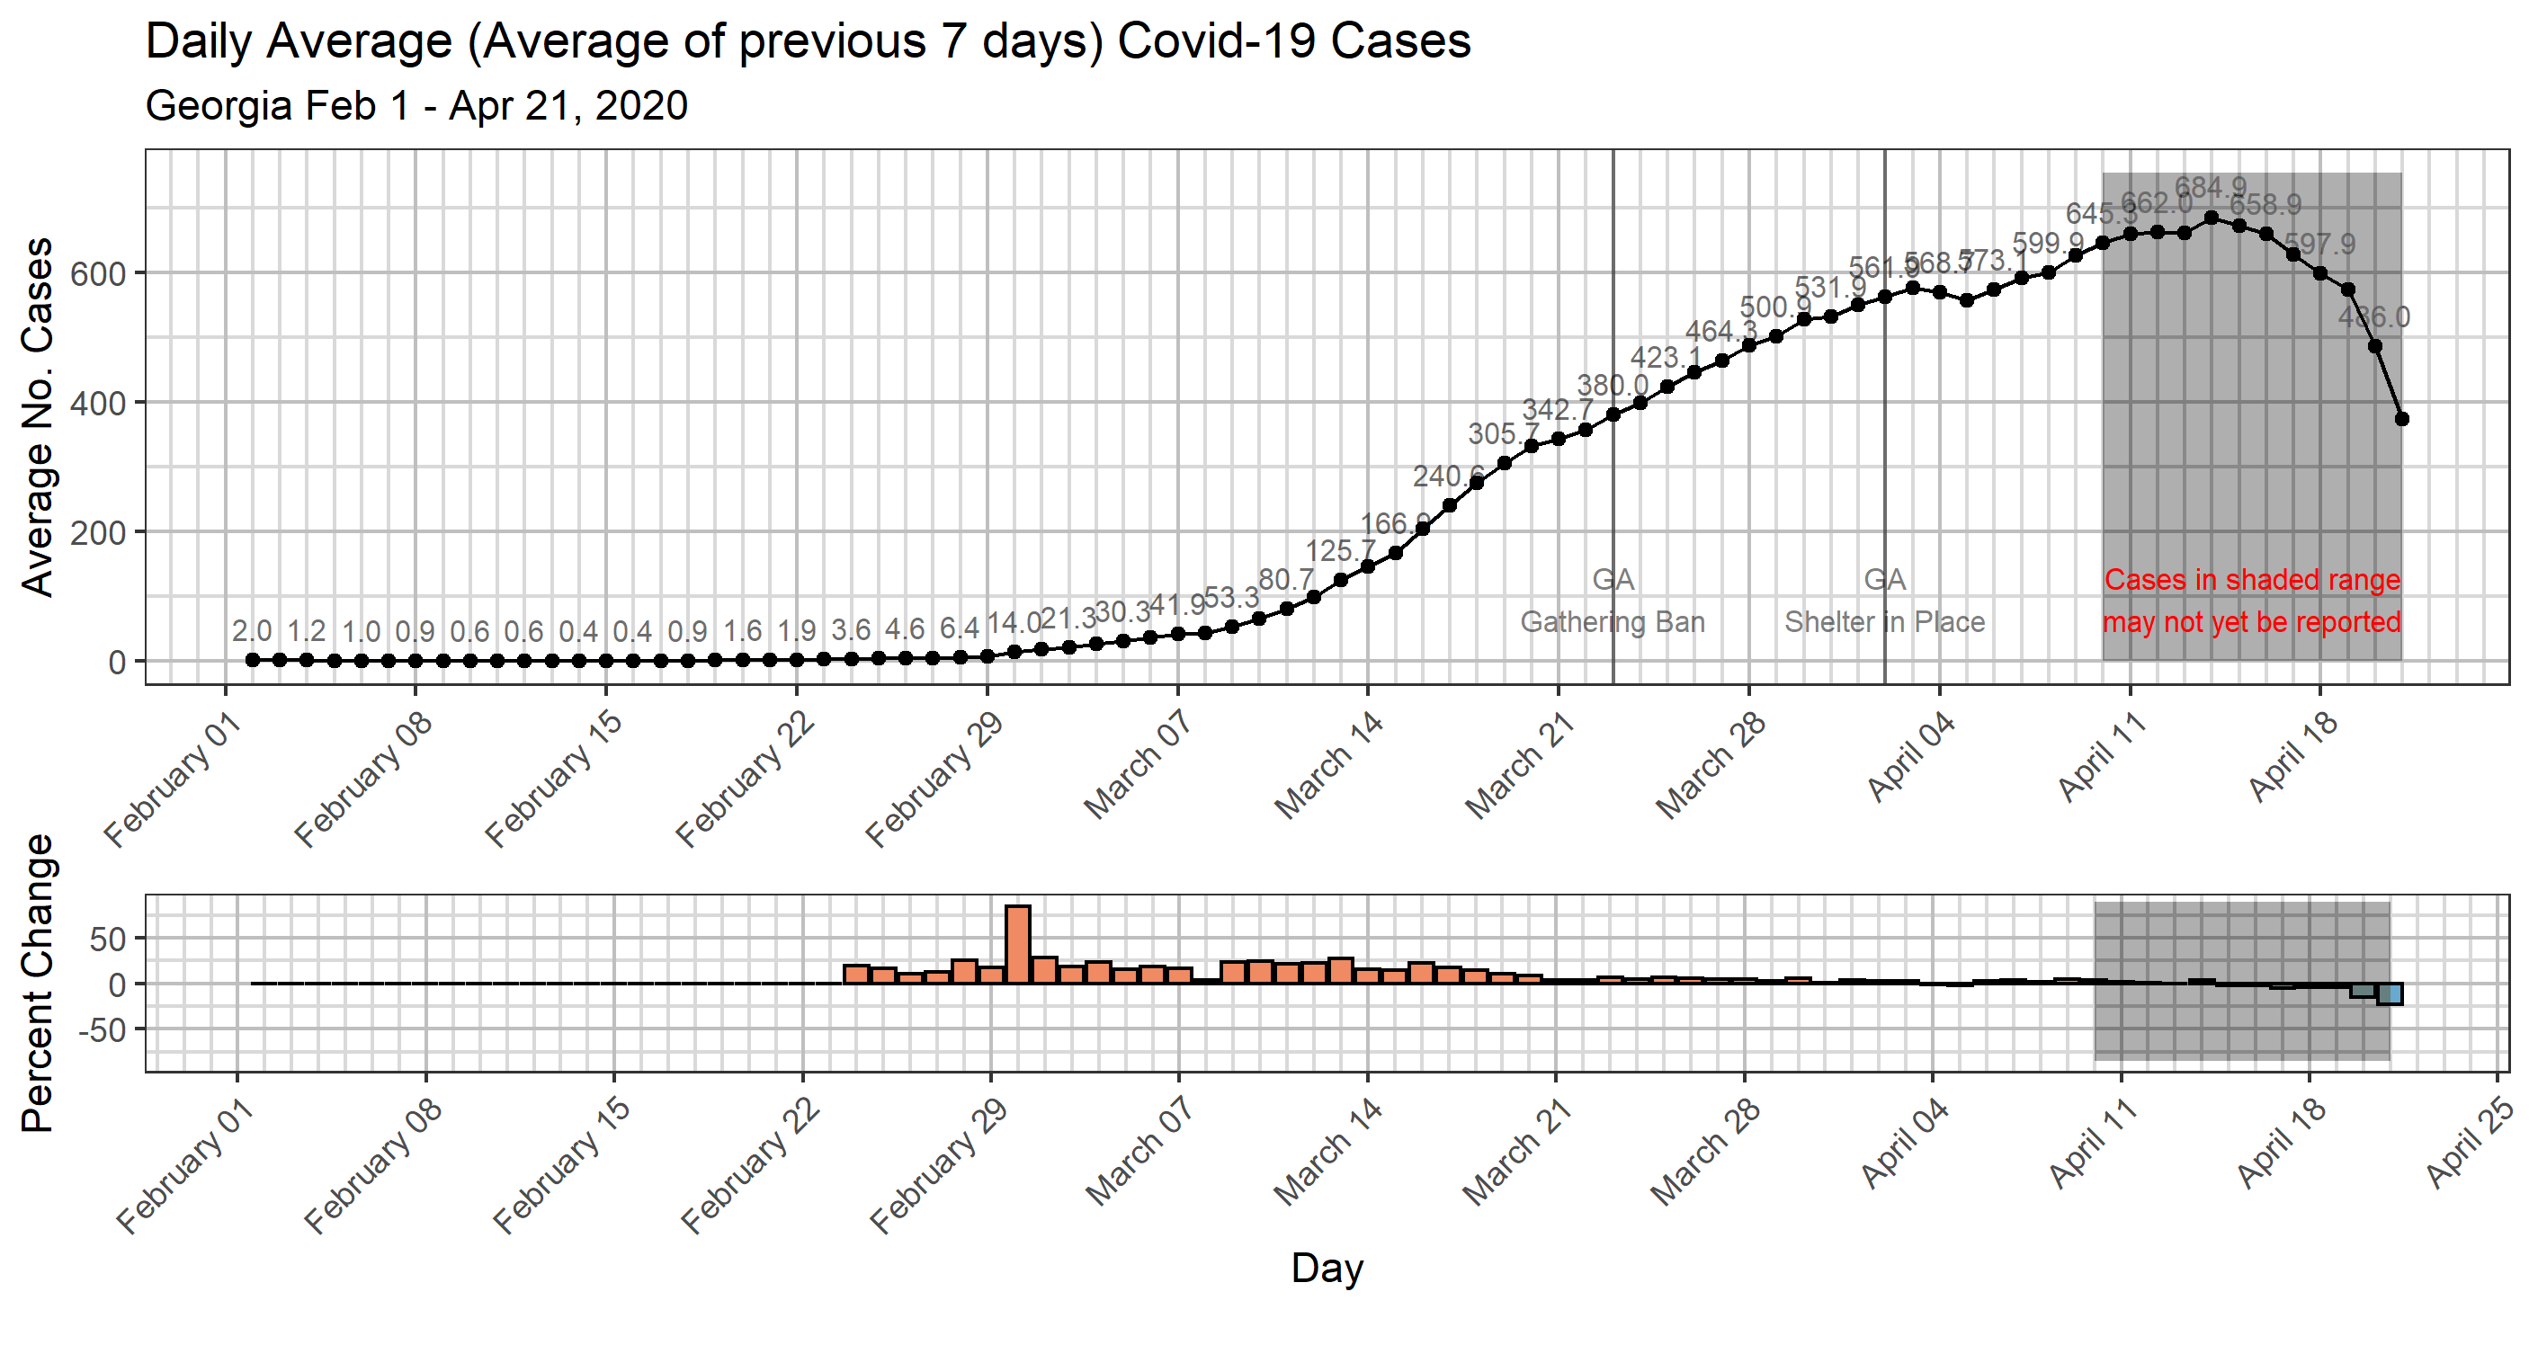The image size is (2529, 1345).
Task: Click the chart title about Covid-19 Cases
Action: coord(807,42)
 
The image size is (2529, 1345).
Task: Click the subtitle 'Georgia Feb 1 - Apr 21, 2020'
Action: coord(416,106)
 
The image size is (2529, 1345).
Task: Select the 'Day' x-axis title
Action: coord(1327,1268)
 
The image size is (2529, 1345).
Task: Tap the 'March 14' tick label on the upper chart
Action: coord(1329,764)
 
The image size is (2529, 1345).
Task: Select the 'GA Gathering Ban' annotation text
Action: coord(1612,601)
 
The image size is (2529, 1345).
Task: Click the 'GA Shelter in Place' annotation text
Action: coord(1884,601)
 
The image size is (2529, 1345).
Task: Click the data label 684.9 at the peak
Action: coord(2210,186)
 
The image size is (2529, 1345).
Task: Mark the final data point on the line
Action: coord(2401,418)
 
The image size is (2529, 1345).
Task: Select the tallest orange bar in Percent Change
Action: coord(1018,943)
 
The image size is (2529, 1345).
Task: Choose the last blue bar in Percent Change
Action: coord(2390,993)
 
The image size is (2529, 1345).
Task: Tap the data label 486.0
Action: coord(2374,317)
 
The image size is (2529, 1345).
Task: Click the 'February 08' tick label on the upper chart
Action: coord(363,779)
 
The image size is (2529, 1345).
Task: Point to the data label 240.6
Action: coord(1447,477)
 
